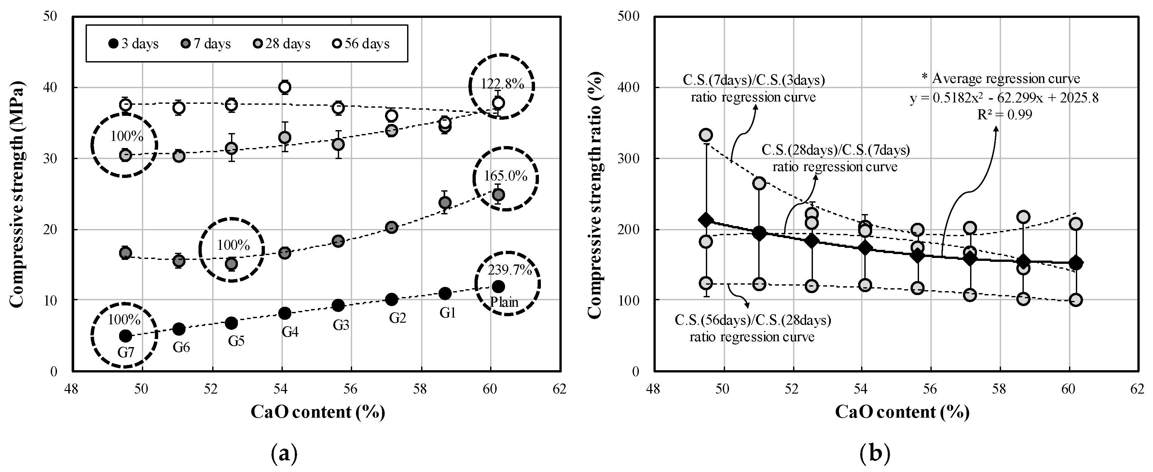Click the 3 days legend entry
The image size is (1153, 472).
coord(133,44)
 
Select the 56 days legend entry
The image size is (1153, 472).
coord(362,44)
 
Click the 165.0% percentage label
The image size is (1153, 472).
coord(505,176)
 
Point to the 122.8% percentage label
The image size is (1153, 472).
coord(502,84)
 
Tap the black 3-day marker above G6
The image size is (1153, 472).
coord(179,329)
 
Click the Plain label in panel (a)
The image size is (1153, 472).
coord(504,303)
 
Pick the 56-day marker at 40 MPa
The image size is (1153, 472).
coord(285,87)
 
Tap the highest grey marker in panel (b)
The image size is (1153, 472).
coord(706,135)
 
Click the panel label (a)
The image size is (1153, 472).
coord(284,454)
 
